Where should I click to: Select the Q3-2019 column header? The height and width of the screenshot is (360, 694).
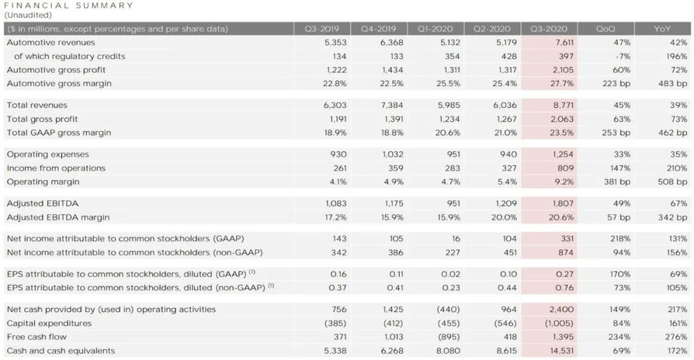330,29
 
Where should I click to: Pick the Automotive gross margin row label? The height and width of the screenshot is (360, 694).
59,83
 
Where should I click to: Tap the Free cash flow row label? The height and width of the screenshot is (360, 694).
35,336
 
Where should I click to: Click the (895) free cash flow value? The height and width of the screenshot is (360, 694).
441,336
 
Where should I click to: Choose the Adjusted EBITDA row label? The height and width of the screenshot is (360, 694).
42,204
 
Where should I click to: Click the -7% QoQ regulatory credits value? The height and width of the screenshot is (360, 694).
623,56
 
